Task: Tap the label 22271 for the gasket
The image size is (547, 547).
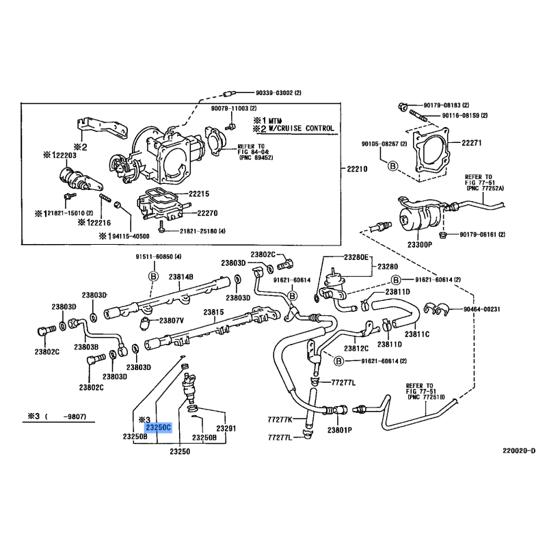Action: pyautogui.click(x=472, y=143)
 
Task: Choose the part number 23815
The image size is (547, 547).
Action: pyautogui.click(x=213, y=312)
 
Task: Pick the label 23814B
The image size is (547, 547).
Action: pyautogui.click(x=181, y=276)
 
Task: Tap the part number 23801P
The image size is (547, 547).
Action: pyautogui.click(x=340, y=430)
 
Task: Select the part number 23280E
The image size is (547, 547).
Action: pyautogui.click(x=356, y=257)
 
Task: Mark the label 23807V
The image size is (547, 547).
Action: pyautogui.click(x=172, y=320)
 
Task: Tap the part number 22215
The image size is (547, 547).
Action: pyautogui.click(x=199, y=194)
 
